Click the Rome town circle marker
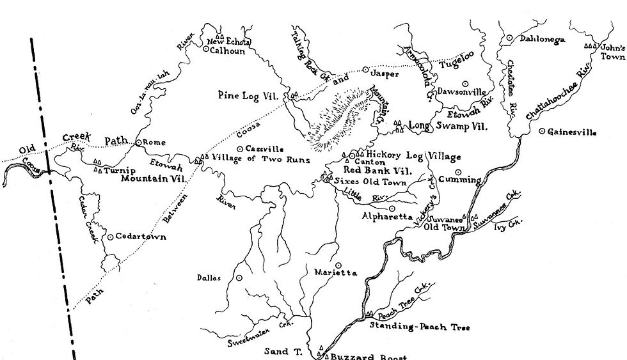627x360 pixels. point(138,143)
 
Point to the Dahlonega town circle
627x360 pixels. point(509,38)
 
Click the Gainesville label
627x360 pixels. point(572,132)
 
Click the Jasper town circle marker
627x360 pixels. point(365,69)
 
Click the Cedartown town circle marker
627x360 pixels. point(111,237)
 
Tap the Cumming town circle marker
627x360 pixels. point(458,171)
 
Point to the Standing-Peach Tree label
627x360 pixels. point(420,327)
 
